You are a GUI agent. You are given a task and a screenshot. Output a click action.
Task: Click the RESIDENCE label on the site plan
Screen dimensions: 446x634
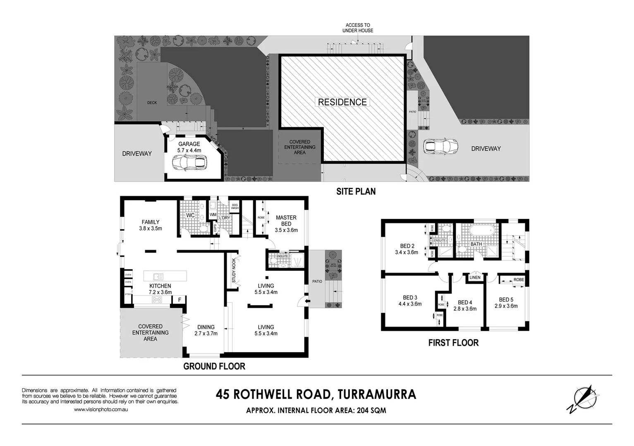[342, 102]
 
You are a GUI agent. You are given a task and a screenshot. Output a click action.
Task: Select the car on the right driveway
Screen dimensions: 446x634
[440, 146]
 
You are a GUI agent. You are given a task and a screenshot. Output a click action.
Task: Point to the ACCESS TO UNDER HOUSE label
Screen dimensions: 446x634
[358, 28]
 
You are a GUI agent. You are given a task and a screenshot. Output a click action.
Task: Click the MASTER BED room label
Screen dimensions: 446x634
[286, 221]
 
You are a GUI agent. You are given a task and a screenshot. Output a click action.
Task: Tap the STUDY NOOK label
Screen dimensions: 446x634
[234, 270]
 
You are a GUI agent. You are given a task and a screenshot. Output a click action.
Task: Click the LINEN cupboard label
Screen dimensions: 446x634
[475, 278]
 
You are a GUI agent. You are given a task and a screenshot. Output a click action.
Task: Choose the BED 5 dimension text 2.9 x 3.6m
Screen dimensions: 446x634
[506, 306]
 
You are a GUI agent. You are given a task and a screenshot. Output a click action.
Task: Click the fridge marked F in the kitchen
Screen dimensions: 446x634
[179, 300]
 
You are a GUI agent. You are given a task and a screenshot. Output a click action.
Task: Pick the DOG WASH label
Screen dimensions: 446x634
[235, 206]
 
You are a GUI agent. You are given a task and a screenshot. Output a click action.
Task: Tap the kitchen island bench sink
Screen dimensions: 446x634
[158, 277]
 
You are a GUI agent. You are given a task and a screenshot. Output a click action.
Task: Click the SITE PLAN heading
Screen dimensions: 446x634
[356, 192]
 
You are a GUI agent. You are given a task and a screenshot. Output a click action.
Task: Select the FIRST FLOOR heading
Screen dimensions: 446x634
[453, 343]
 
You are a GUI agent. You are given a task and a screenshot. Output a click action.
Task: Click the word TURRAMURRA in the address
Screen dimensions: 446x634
[377, 394]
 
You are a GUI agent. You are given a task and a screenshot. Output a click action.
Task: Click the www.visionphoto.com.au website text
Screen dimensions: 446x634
[100, 410]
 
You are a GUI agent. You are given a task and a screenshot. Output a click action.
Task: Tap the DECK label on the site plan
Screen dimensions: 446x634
[152, 102]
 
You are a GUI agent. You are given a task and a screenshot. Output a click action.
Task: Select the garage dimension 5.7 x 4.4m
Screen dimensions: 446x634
[189, 150]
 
